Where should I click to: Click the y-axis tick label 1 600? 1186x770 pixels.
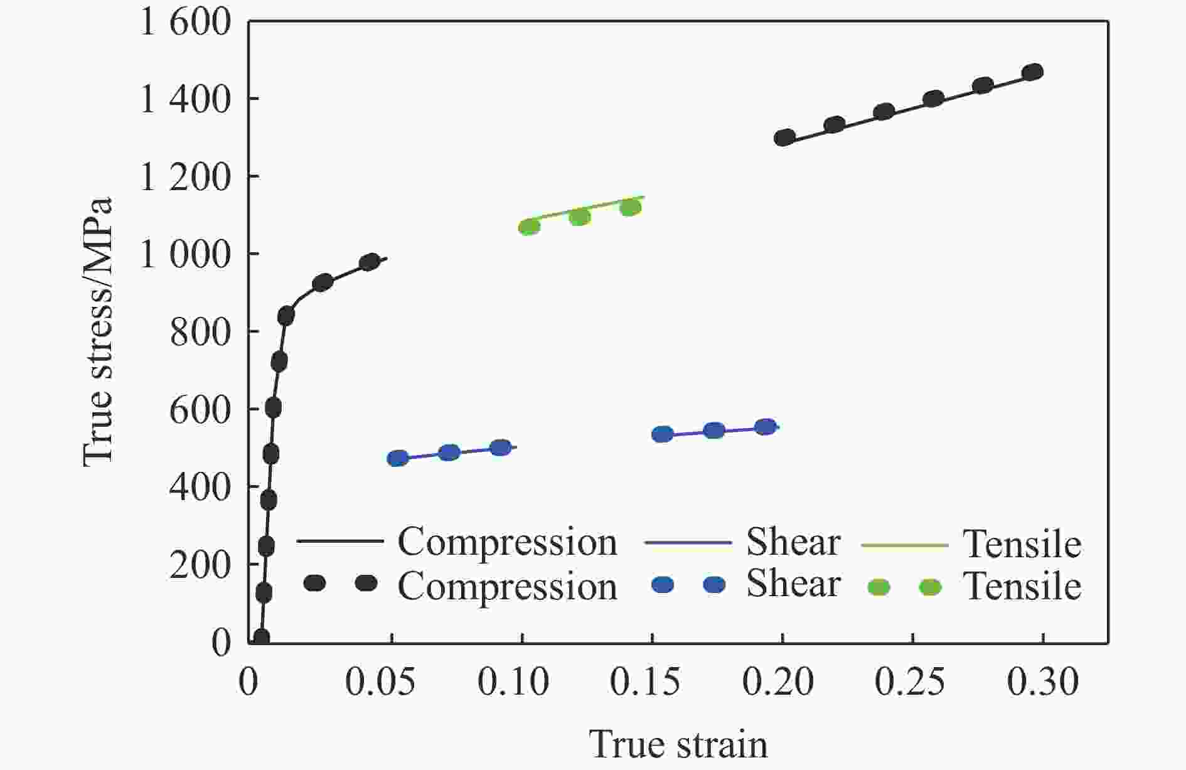click(185, 23)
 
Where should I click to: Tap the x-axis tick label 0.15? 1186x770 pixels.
click(645, 682)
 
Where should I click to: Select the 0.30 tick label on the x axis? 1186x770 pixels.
click(1043, 682)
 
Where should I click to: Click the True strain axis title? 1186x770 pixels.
click(678, 745)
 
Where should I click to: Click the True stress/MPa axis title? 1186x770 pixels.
click(99, 333)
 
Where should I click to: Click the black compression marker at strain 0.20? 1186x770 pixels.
click(784, 137)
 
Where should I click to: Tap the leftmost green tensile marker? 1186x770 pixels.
click(529, 227)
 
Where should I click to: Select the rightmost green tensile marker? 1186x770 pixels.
click(630, 207)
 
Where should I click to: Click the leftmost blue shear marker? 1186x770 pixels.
click(398, 458)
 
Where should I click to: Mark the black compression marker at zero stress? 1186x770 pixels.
click(261, 638)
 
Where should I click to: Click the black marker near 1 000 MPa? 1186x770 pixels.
click(370, 262)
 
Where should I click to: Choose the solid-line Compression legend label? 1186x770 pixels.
click(507, 542)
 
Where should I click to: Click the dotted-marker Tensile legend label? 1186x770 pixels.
click(1023, 587)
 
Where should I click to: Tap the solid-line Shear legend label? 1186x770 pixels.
click(793, 542)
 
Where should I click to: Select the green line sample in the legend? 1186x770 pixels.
click(904, 545)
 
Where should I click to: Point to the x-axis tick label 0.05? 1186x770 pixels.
click(380, 682)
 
